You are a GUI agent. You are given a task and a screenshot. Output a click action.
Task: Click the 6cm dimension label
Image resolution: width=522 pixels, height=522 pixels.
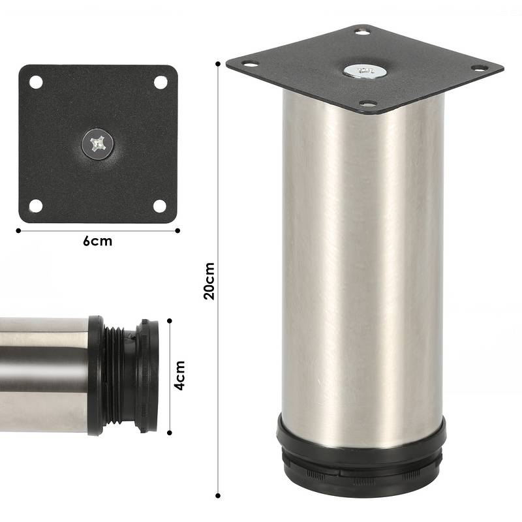(x=97, y=241)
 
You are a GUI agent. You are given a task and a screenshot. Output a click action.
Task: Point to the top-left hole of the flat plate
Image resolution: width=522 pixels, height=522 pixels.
(x=35, y=82)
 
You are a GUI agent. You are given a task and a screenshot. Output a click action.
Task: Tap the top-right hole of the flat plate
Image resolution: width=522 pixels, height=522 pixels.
(x=160, y=82)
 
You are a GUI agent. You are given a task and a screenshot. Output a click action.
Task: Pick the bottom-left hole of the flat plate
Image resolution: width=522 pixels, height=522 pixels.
(x=35, y=206)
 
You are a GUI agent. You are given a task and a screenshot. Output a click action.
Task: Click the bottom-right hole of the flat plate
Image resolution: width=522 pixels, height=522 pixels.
(x=160, y=206)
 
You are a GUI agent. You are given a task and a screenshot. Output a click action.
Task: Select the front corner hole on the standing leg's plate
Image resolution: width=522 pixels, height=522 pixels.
(x=368, y=104)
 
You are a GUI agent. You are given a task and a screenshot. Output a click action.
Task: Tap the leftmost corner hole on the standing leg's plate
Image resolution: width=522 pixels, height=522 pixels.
(x=249, y=63)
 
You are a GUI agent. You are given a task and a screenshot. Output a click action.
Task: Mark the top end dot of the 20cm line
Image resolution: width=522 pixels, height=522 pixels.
(x=217, y=63)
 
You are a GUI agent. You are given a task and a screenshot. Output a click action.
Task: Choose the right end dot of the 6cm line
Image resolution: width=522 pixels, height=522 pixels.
(x=177, y=230)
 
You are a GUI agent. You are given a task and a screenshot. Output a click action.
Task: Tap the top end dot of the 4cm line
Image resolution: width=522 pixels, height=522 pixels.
(x=170, y=320)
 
